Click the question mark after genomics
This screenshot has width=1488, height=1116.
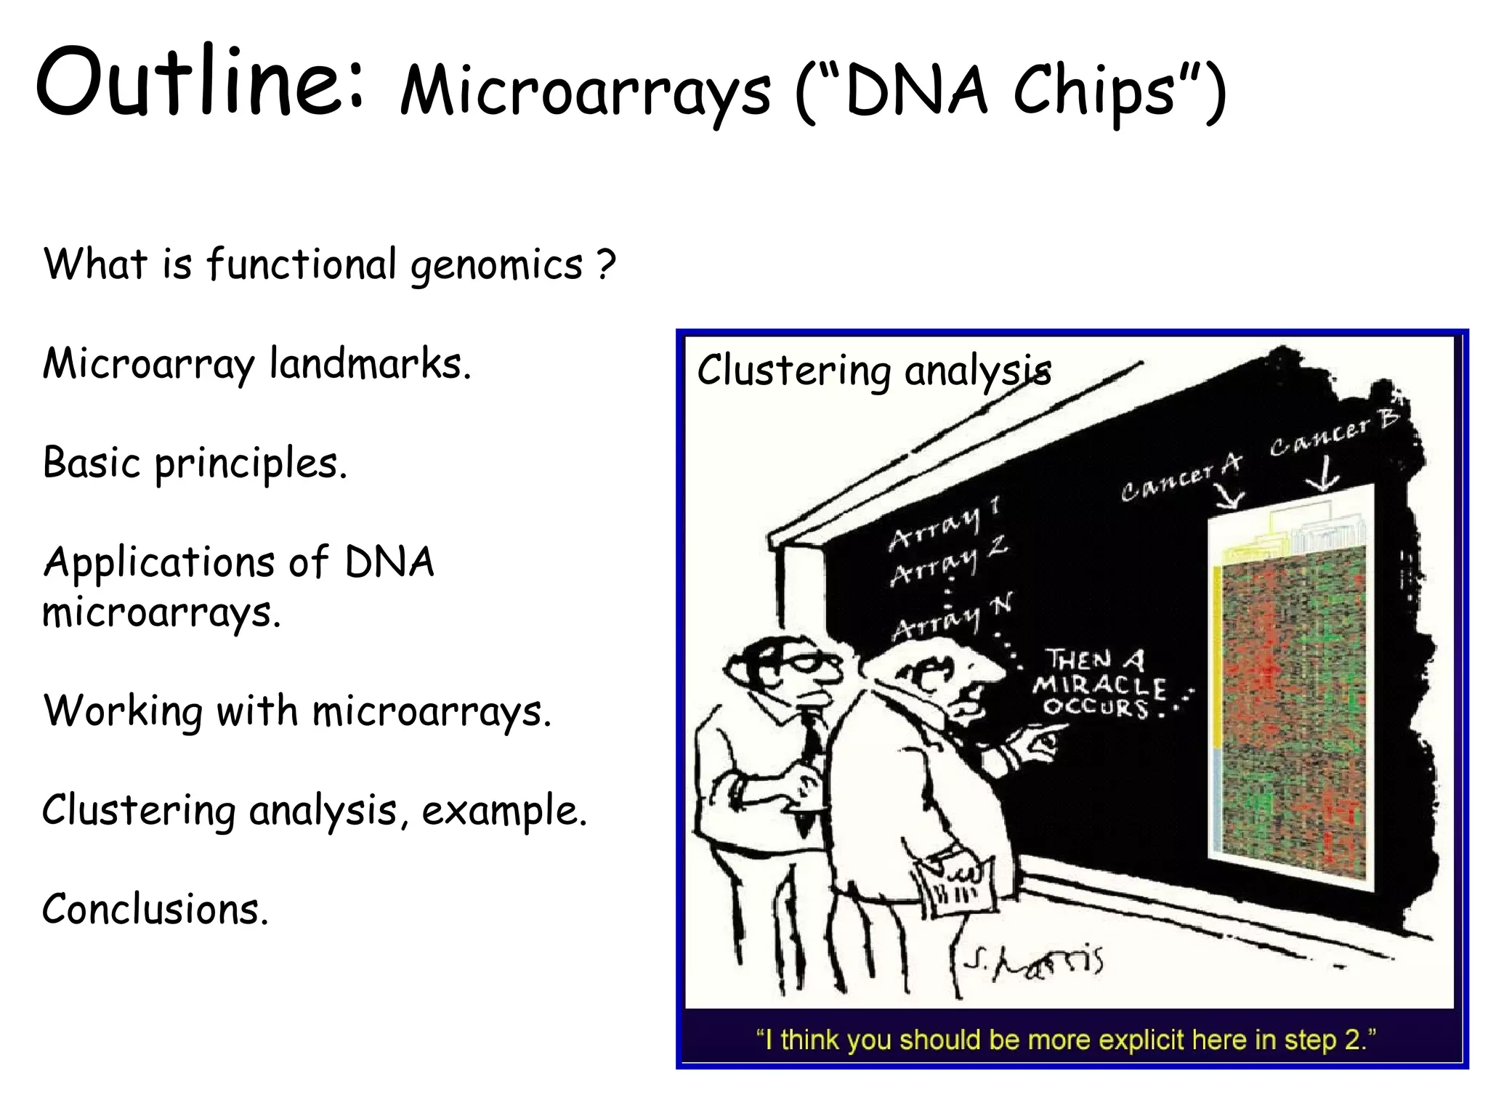click(x=606, y=264)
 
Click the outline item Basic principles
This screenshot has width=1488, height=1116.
click(x=195, y=464)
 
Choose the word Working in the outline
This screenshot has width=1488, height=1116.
click(x=122, y=711)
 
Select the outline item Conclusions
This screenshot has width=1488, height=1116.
click(x=155, y=909)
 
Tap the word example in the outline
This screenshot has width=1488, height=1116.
click(x=504, y=811)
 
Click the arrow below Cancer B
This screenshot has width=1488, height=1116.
click(x=1323, y=477)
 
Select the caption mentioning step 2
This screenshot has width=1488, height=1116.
click(x=1066, y=1040)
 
